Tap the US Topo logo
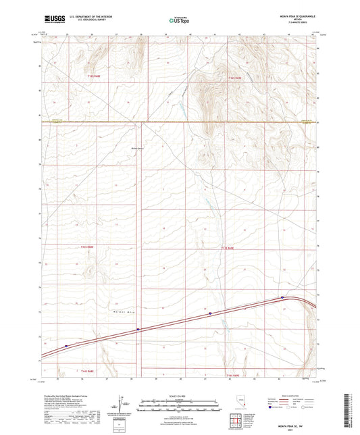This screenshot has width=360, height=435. [179, 21]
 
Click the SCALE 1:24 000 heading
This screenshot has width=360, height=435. [179, 396]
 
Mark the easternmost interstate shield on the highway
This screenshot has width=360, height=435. [282, 297]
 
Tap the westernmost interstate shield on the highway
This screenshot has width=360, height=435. [66, 347]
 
